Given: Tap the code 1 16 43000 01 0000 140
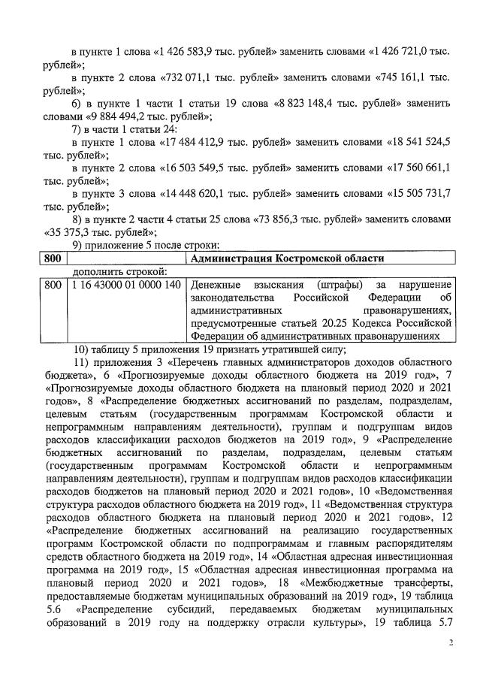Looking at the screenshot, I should (x=126, y=286).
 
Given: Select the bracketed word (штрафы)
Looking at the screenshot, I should (x=332, y=286).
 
